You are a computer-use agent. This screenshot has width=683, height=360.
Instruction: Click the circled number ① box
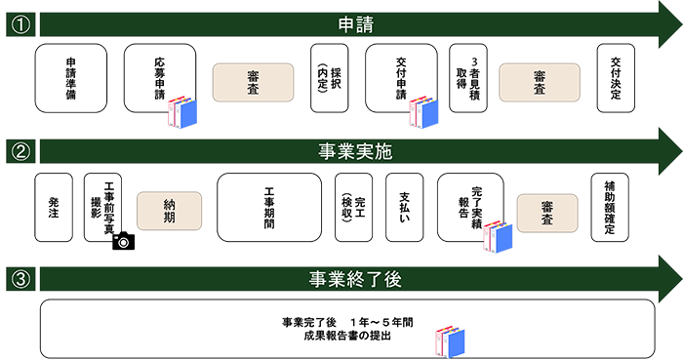click(20, 23)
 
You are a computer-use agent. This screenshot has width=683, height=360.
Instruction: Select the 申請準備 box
click(70, 77)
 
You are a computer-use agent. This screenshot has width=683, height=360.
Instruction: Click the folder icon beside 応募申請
click(181, 113)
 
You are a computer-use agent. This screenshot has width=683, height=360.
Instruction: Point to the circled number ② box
click(20, 151)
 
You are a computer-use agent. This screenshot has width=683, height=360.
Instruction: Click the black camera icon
click(123, 240)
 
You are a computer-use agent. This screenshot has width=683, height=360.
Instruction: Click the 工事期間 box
click(268, 207)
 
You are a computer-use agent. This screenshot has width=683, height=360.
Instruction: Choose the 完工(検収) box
click(352, 207)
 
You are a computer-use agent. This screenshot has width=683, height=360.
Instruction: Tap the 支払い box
click(404, 207)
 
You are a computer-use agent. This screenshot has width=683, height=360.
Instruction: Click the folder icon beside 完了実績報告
click(497, 240)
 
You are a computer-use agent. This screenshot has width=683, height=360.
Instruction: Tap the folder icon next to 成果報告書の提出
click(451, 338)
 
